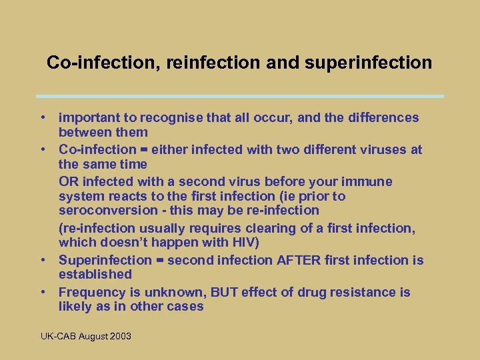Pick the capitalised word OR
68,181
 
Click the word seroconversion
106,211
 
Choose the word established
95,274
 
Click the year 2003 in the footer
120,336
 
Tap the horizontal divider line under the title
240,96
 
